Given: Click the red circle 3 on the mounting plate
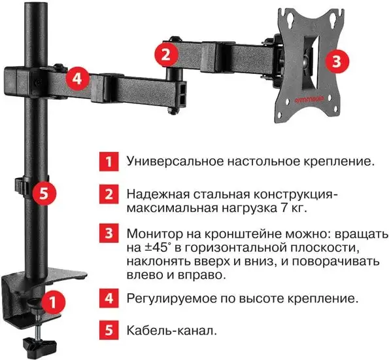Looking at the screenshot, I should tap(335, 62).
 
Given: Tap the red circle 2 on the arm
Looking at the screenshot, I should tap(167, 52).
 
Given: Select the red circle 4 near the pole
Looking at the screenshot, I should tap(77, 79).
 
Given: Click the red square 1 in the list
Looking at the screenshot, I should tap(109, 160).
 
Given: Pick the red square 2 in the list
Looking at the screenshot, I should tap(109, 194).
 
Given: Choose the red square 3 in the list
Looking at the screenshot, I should tap(109, 234).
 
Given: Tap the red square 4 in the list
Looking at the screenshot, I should tap(109, 298).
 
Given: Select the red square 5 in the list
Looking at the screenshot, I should tap(109, 331).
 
